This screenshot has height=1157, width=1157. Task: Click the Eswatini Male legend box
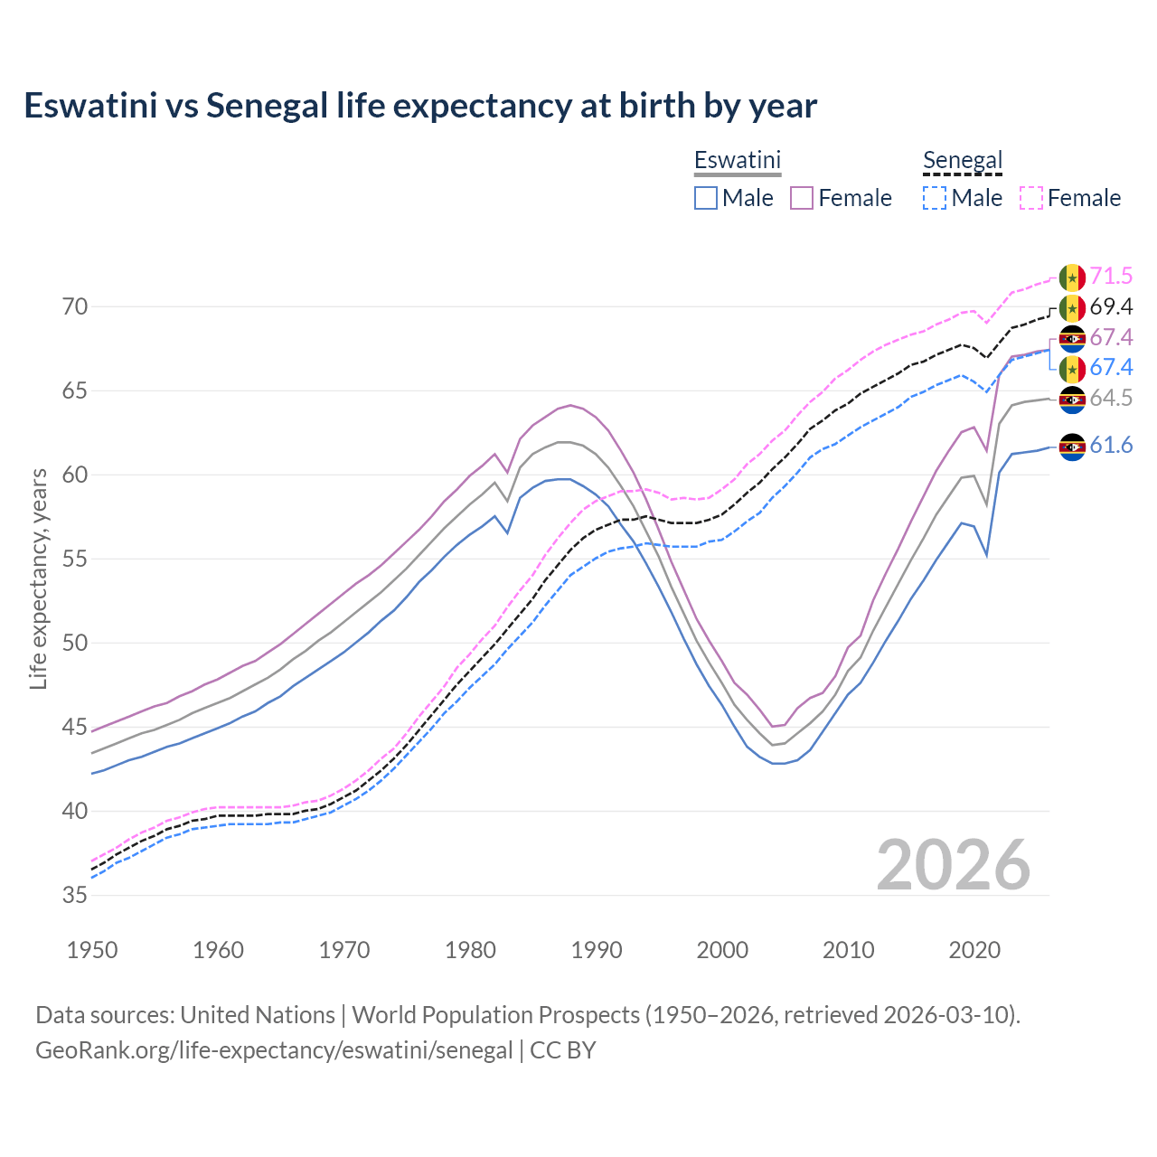coord(706,198)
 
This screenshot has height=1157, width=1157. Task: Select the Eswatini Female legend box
coord(802,198)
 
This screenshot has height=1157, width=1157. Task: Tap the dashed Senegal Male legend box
coord(935,198)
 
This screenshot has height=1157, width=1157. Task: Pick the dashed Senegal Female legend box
coord(1031,198)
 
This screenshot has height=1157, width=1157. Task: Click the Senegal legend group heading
coord(963,161)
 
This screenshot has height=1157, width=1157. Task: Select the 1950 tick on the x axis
coord(92,950)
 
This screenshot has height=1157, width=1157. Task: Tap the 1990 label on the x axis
coord(597,950)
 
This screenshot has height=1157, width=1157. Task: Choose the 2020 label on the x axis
coord(974,950)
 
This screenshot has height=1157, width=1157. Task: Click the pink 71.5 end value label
coord(1111,277)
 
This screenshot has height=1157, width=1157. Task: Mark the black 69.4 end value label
coord(1111,307)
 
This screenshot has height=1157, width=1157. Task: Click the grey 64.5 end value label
coord(1111,399)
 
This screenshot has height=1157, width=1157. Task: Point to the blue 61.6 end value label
coord(1111,446)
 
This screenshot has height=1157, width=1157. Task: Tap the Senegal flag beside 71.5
coord(1072,277)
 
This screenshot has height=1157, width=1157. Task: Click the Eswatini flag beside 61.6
coord(1072,447)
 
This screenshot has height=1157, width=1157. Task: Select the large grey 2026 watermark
coord(954,866)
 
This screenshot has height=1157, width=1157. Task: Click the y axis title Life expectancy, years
coord(38,578)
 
